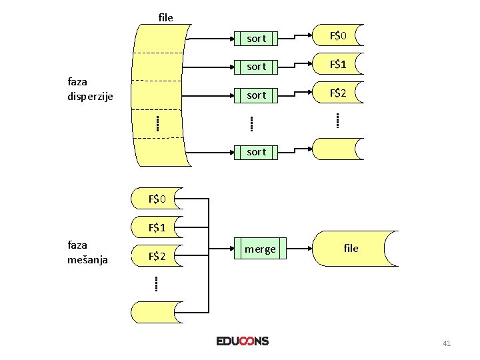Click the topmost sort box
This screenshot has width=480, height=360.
click(x=257, y=38)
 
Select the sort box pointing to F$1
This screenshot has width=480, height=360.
click(x=257, y=67)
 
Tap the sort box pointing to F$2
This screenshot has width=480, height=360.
click(x=257, y=95)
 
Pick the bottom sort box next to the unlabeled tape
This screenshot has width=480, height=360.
click(x=257, y=152)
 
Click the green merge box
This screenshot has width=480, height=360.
click(x=260, y=249)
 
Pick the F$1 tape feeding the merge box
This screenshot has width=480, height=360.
click(x=157, y=227)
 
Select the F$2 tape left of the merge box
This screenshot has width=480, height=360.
click(x=157, y=255)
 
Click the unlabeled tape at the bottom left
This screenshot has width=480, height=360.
click(x=157, y=311)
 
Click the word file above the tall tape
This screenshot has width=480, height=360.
click(x=166, y=17)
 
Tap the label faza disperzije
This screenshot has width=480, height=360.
click(x=91, y=89)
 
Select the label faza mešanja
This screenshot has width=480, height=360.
click(x=87, y=252)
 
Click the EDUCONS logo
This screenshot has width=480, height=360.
click(x=243, y=341)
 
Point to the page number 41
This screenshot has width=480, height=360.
click(x=447, y=343)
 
